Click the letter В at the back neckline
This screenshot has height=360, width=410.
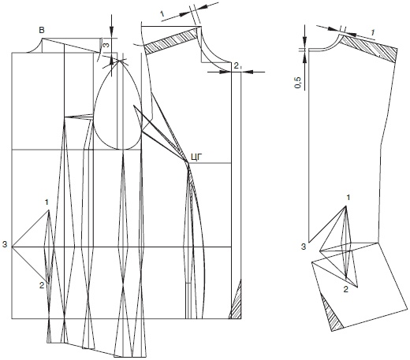(x=42, y=30)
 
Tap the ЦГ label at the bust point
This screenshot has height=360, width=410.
(x=196, y=157)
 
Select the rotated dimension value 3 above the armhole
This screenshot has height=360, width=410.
(x=106, y=45)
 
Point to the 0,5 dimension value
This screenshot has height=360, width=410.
(x=298, y=83)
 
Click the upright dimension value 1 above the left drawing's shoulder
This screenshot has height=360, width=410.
(x=162, y=13)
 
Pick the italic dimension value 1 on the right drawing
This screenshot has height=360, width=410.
(x=372, y=32)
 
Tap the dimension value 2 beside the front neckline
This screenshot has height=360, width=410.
(x=237, y=66)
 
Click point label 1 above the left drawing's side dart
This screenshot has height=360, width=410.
(x=47, y=202)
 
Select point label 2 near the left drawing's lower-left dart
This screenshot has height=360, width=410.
(x=42, y=285)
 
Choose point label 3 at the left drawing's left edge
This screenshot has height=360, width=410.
(x=5, y=245)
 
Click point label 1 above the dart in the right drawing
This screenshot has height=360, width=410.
(x=348, y=197)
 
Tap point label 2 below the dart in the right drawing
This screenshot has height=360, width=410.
(x=346, y=289)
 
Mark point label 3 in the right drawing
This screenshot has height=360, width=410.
(x=304, y=247)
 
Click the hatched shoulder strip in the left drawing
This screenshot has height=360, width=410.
(x=171, y=41)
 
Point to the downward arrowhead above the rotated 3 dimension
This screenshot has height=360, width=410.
(x=112, y=28)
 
